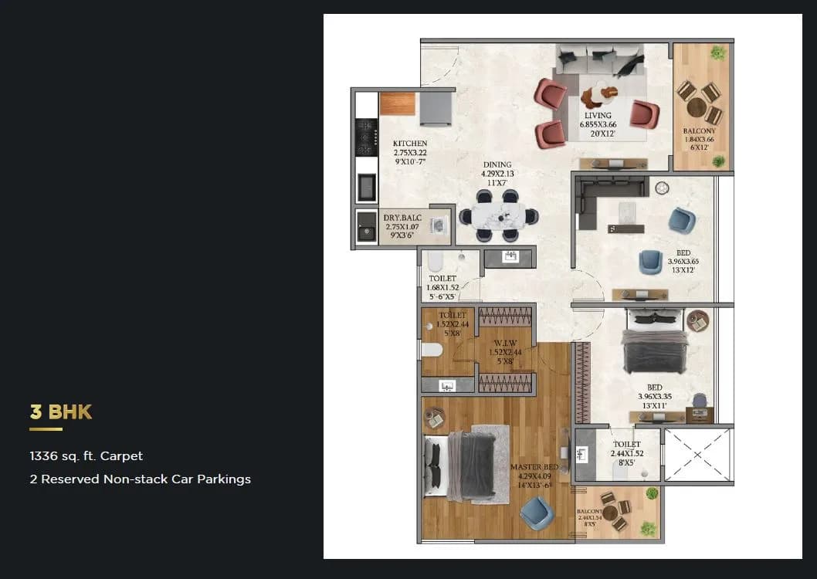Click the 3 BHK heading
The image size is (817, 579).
[x=60, y=411]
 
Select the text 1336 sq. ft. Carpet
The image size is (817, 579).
[x=86, y=456]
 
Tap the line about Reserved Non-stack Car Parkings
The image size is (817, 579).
[x=140, y=479]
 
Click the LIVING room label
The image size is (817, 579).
[x=598, y=117]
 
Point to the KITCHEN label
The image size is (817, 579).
[x=409, y=144]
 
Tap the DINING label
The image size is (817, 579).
[x=497, y=164]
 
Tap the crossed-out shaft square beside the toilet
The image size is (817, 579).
[x=697, y=454]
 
